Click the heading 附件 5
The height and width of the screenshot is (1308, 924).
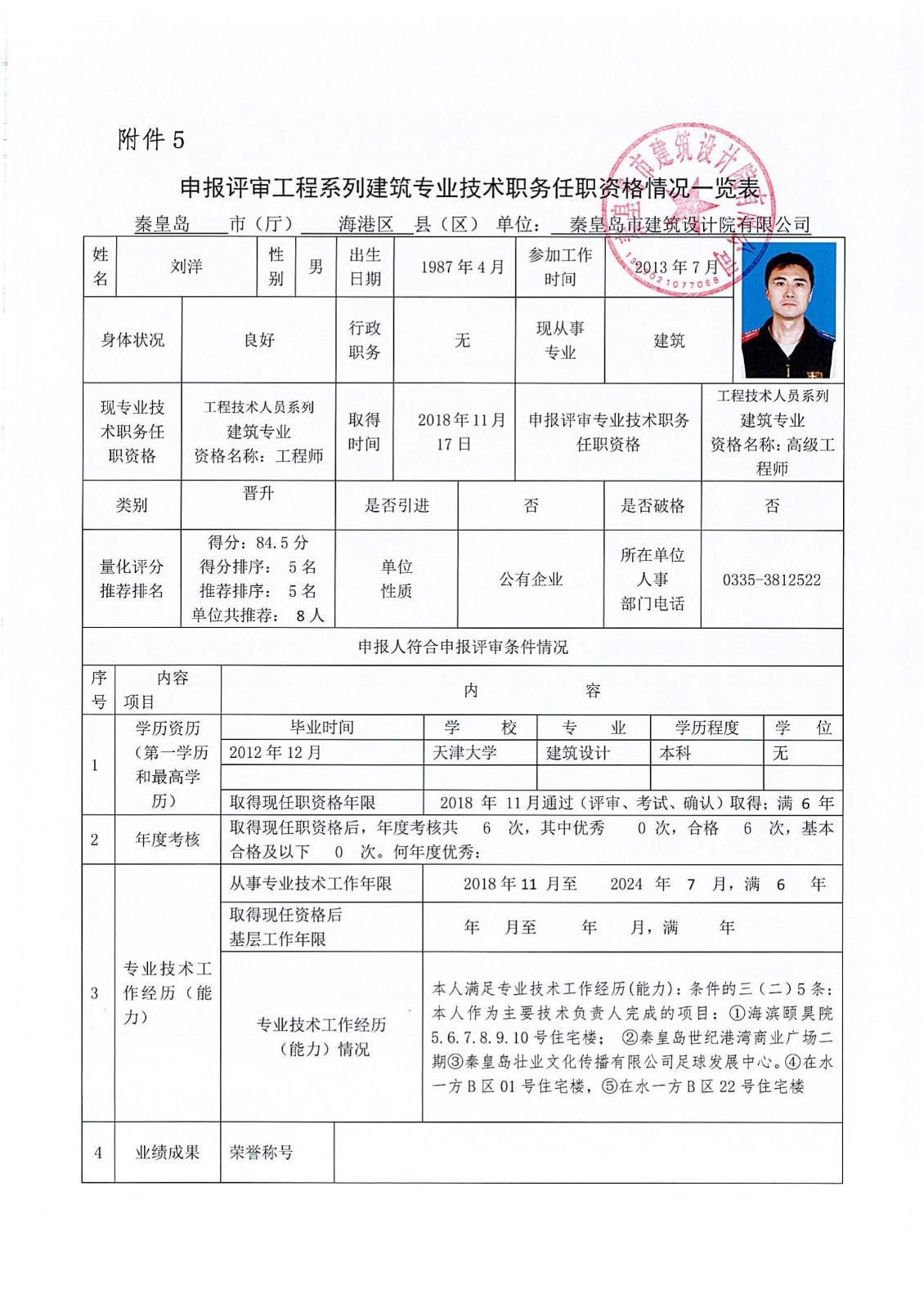pos(151,140)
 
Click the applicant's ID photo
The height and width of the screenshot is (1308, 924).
pos(788,310)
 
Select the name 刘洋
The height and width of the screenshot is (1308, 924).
pos(186,267)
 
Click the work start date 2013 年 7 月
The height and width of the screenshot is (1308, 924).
pos(676,267)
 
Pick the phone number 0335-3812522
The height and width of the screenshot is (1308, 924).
pos(771,580)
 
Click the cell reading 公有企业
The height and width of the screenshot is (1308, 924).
pos(531,580)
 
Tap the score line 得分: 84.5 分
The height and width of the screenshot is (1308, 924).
pos(258,543)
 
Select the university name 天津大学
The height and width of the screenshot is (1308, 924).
pos(464,753)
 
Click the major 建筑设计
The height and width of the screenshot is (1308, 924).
pos(577,753)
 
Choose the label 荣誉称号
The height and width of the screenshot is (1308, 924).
pos(261,1153)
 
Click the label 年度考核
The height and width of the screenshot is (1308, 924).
pos(168,840)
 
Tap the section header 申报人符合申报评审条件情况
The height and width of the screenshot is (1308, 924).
pos(463,647)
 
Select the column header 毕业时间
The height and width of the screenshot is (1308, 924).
pos(321,728)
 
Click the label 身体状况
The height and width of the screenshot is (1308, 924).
pos(132,340)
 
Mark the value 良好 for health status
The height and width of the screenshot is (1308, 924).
pos(258,340)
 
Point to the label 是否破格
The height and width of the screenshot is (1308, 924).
pos(652,506)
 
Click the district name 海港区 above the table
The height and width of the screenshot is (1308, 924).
pos(366,224)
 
